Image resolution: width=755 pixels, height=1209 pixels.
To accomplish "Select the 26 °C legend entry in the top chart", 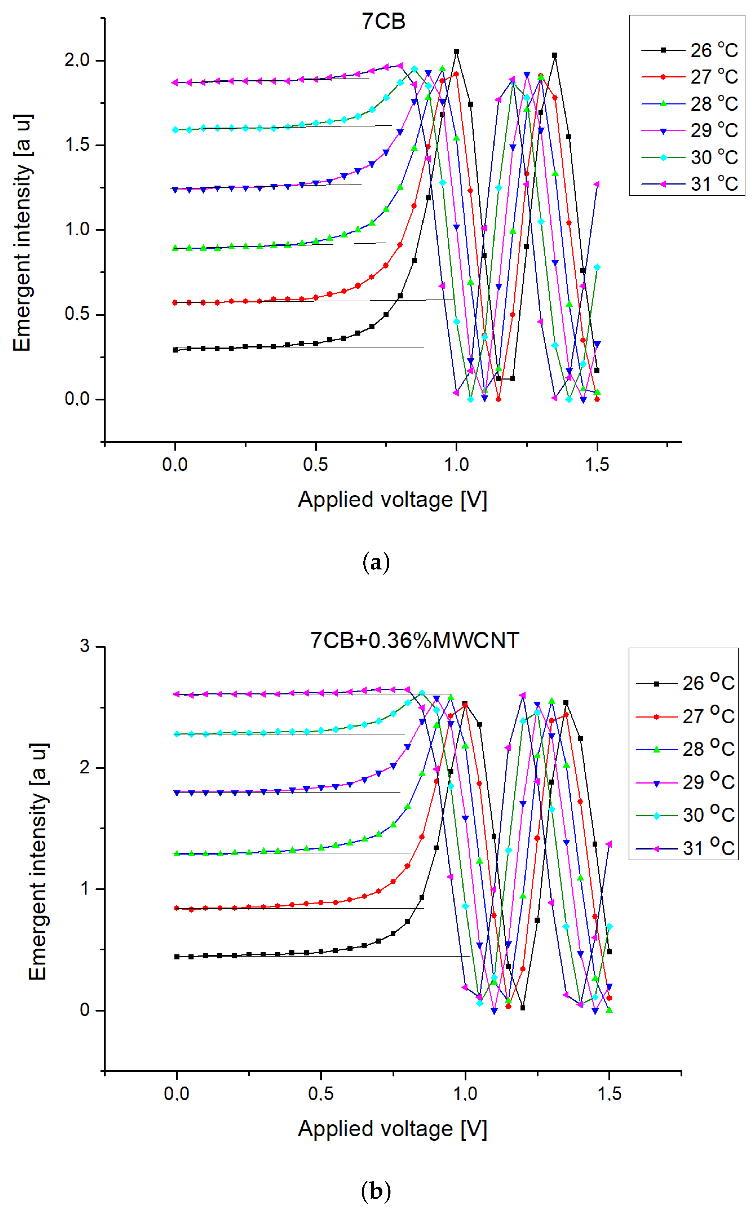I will pos(689,50).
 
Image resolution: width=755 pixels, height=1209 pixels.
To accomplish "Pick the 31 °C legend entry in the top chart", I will pos(689,184).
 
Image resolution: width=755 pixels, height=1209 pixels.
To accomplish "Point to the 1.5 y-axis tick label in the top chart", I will pos(77,145).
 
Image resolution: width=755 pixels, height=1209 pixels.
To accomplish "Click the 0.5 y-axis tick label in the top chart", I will pos(77,314).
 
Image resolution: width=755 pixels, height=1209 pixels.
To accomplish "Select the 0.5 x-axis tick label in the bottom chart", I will pos(321,1094).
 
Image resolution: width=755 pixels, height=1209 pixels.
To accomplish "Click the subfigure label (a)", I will pos(376,563).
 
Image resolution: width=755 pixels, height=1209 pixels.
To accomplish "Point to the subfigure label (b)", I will pos(376,1191).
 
